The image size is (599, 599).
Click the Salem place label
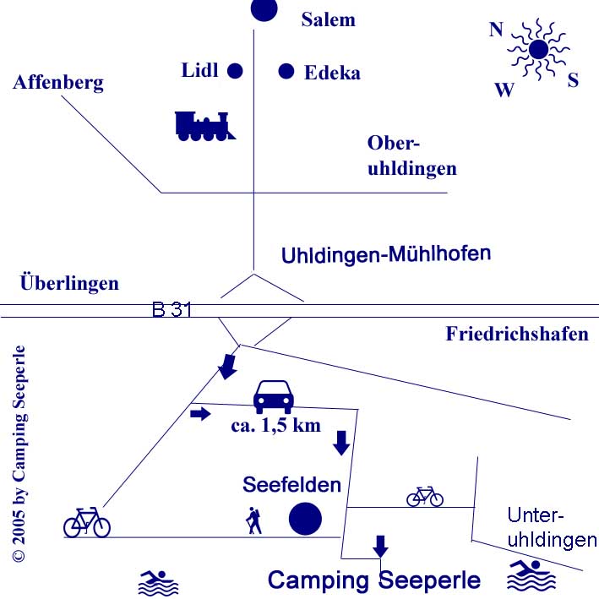click(x=329, y=19)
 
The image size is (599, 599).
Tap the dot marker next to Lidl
click(x=235, y=71)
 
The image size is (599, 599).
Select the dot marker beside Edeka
click(x=286, y=71)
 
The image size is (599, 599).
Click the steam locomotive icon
click(x=204, y=125)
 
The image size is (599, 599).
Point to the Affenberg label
click(x=58, y=82)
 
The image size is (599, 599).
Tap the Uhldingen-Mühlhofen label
click(x=386, y=253)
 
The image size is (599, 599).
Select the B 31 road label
click(x=172, y=310)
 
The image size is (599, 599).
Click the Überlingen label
click(x=69, y=283)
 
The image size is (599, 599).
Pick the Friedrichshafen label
click(x=517, y=334)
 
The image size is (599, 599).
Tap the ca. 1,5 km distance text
click(x=276, y=424)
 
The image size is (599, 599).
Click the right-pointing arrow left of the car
click(x=200, y=414)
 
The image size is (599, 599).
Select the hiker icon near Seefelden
click(x=253, y=520)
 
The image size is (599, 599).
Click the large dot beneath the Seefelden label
click(x=305, y=519)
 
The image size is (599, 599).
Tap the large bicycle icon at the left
click(x=87, y=522)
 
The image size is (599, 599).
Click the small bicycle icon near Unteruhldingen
click(x=425, y=496)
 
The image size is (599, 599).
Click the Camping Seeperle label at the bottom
click(x=374, y=580)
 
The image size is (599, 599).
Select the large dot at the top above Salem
click(x=264, y=10)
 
